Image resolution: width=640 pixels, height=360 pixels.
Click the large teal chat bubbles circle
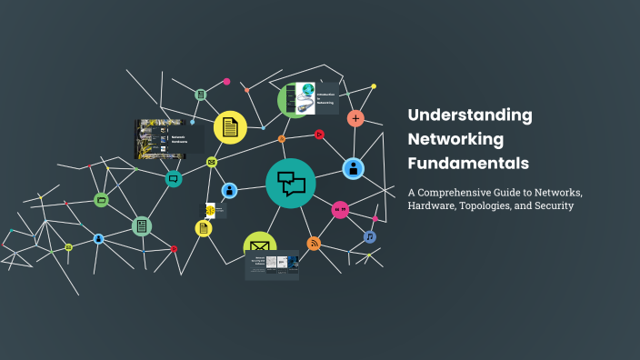291,183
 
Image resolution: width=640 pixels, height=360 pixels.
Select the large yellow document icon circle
230,127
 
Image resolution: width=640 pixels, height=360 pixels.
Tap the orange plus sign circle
355,118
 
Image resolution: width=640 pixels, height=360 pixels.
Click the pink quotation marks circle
340,210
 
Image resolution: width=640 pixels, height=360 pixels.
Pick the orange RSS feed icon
314,243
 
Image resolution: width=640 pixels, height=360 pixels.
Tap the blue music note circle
370,236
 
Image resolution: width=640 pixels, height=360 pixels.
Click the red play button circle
319,135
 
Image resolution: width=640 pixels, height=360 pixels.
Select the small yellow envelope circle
212,162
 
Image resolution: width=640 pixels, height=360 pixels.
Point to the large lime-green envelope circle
259,245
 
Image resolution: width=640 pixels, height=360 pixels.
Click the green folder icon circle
101,199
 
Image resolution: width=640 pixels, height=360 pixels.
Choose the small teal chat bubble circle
173,179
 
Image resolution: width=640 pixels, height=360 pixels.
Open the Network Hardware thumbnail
164,139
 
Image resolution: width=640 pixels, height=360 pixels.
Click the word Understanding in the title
470,115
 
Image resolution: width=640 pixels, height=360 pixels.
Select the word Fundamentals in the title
467,165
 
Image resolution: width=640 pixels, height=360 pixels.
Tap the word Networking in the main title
455,140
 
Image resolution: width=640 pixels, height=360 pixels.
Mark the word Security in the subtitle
553,206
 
